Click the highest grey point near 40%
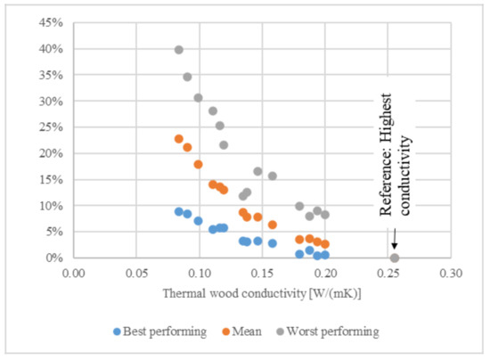(179, 50)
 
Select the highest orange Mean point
(179, 139)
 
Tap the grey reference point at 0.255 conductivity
(395, 258)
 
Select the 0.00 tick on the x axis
(74, 273)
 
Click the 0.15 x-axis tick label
(263, 273)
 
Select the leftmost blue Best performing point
(179, 212)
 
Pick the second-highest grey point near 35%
(187, 77)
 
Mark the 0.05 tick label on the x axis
(136, 273)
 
